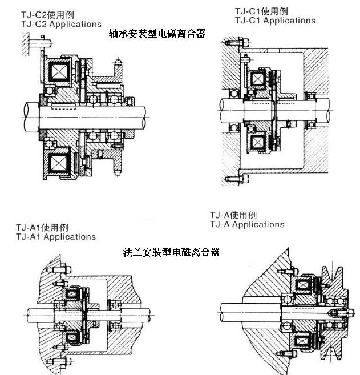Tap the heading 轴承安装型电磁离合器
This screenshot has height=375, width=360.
coord(157,34)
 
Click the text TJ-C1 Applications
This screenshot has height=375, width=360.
coord(275,21)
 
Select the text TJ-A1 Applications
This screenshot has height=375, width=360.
coord(56,236)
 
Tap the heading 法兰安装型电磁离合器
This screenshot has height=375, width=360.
coord(171,252)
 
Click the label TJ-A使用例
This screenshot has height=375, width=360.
coord(233,215)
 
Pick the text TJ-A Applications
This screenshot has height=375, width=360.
coord(246,225)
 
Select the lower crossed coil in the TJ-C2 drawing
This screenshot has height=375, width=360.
coord(59,163)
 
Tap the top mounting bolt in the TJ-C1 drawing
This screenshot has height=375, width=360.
coord(234,43)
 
